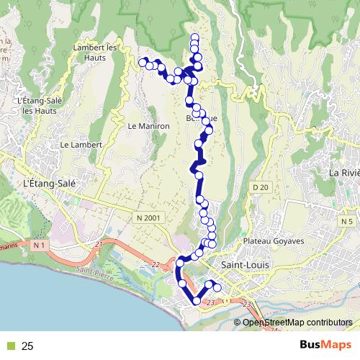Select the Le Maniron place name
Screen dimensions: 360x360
pyautogui.click(x=148, y=125)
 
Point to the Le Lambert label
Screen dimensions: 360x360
pyautogui.click(x=82, y=145)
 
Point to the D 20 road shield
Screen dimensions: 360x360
pyautogui.click(x=260, y=187)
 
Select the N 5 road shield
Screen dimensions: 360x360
pyautogui.click(x=348, y=221)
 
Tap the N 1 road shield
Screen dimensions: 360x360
pyautogui.click(x=39, y=246)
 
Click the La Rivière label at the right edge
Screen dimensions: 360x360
pyautogui.click(x=343, y=173)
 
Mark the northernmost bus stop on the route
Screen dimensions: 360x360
pyautogui.click(x=194, y=37)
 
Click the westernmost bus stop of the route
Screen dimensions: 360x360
pyautogui.click(x=143, y=62)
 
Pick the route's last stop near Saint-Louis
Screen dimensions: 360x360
pyautogui.click(x=217, y=288)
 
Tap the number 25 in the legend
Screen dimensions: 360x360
pyautogui.click(x=27, y=346)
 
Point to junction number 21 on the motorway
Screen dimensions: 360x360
pyautogui.click(x=99, y=246)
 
